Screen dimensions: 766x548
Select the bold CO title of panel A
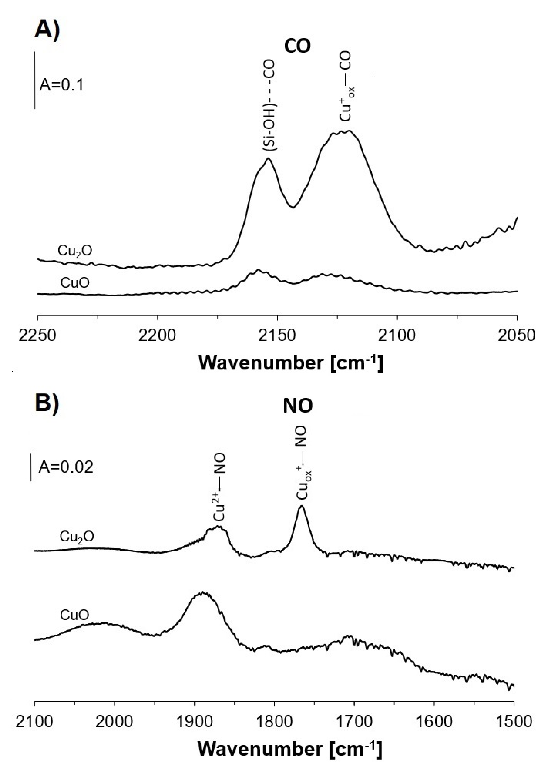pyautogui.click(x=297, y=46)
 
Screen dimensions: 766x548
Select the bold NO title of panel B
pyautogui.click(x=298, y=406)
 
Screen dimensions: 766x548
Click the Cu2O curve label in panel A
pyautogui.click(x=75, y=251)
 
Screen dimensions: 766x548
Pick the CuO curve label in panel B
pyautogui.click(x=75, y=615)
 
